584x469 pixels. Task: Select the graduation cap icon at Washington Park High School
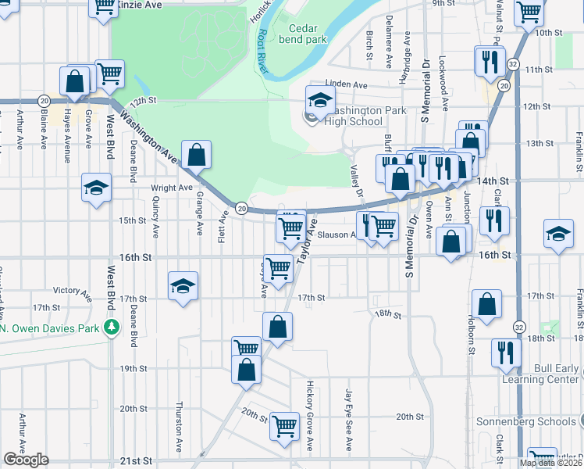point(320,100)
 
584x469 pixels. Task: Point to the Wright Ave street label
point(172,188)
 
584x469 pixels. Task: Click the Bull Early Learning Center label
point(546,374)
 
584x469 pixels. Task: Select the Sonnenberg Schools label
point(527,421)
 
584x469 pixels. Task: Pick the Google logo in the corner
point(26,460)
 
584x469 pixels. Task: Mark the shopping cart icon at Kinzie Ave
point(104,7)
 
